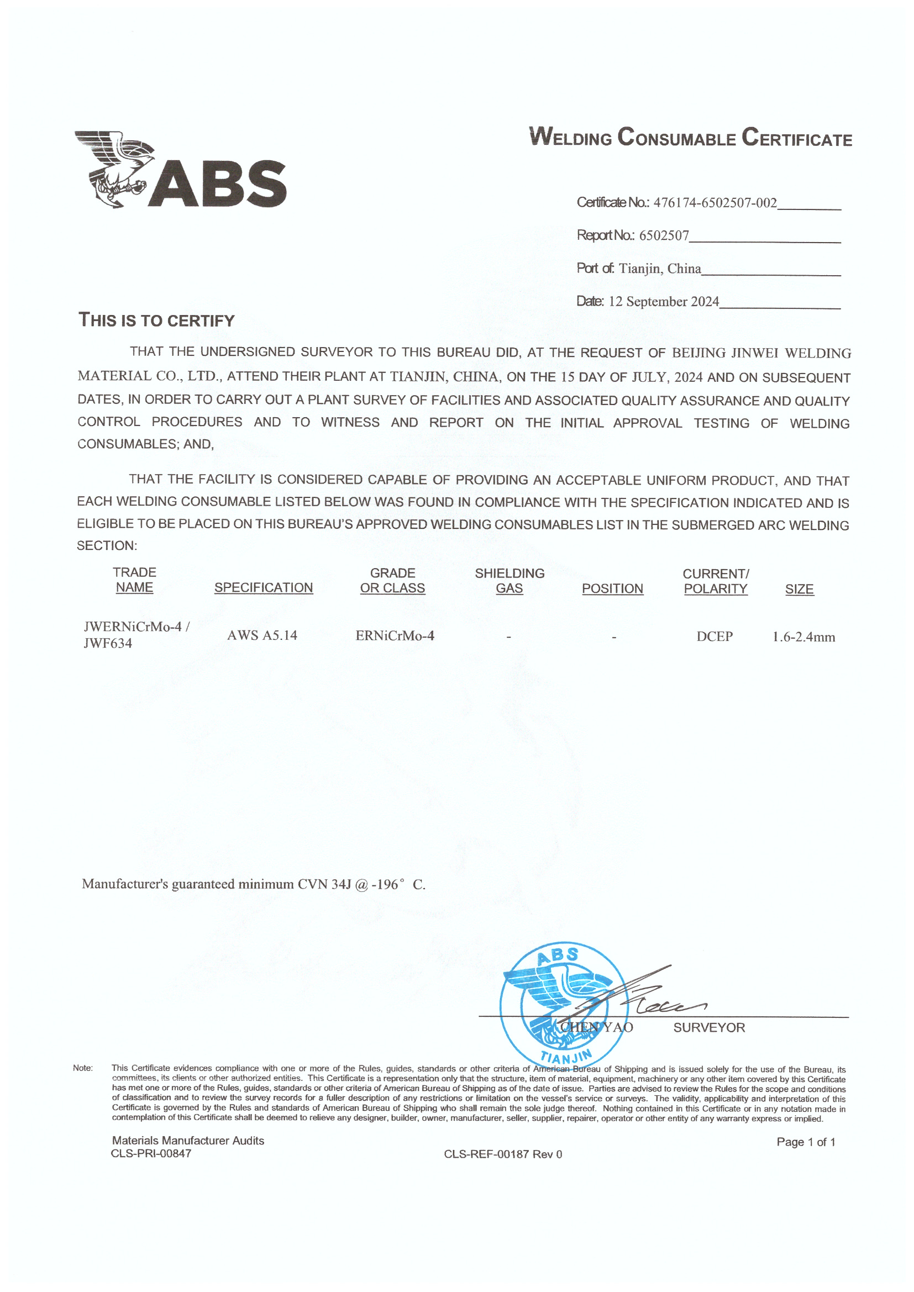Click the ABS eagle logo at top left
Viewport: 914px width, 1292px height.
coord(180,170)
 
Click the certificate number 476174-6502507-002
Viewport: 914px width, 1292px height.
coord(715,203)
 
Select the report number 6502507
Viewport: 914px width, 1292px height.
coord(664,235)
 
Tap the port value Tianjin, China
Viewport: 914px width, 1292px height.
coord(660,269)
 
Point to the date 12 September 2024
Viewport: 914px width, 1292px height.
coord(664,302)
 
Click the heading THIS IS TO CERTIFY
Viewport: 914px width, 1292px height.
coord(156,320)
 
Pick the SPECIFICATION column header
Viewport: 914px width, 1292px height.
coord(264,587)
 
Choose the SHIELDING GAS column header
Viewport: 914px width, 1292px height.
coord(509,581)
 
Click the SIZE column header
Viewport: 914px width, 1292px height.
coord(799,589)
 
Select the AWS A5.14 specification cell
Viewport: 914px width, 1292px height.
coord(262,636)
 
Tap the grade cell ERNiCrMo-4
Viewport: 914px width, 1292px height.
coord(395,636)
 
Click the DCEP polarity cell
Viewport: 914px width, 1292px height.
coord(714,637)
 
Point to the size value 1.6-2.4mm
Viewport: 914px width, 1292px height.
coord(803,637)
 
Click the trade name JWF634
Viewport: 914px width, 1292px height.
coord(108,643)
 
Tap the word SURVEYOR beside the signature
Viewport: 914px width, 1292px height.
coord(708,1027)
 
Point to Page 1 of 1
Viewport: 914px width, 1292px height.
coord(805,1142)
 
